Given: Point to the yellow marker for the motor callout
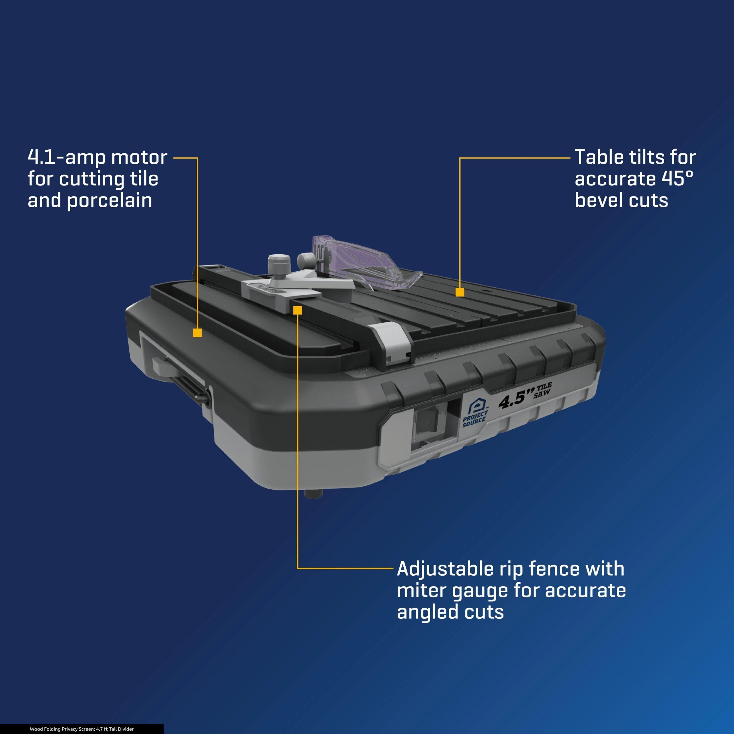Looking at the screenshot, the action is [x=197, y=333].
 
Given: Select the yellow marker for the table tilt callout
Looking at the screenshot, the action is [x=460, y=292].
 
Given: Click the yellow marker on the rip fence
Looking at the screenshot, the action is [x=298, y=311].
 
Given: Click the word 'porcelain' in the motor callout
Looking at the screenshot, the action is [x=110, y=201].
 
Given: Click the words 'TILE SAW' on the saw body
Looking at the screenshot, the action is [x=543, y=390].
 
